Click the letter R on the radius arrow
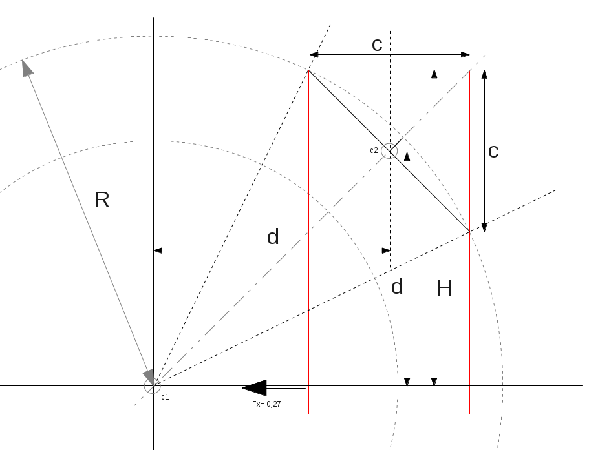(x=102, y=200)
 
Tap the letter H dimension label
(x=444, y=289)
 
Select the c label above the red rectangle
(x=377, y=45)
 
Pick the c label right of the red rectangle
(x=493, y=151)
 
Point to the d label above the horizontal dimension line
(x=273, y=237)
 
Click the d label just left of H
(x=397, y=287)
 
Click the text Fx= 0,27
(x=266, y=404)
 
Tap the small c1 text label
(x=165, y=396)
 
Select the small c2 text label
(x=374, y=150)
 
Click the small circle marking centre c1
(x=152, y=386)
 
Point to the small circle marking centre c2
(x=389, y=150)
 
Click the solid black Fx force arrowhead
(x=255, y=387)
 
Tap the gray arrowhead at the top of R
(x=27, y=68)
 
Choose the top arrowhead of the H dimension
(x=434, y=74)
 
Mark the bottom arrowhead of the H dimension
(x=434, y=382)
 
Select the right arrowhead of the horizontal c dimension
(x=465, y=54)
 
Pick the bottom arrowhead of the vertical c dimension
(x=484, y=227)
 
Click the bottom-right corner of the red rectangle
(x=469, y=413)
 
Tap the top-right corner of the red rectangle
(x=469, y=70)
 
